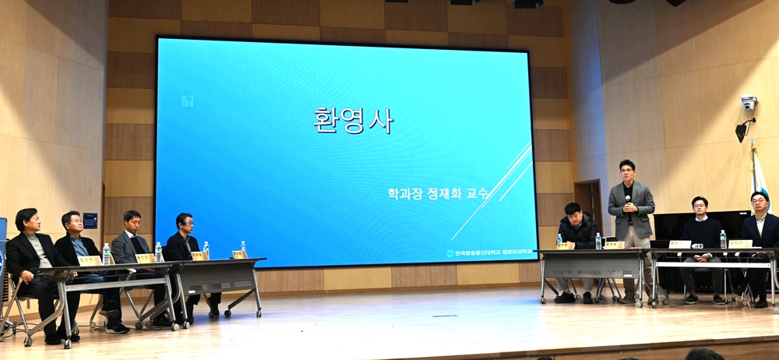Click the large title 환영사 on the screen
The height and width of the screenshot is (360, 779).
pyautogui.click(x=354, y=121)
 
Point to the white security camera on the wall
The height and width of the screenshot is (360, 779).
pyautogui.click(x=749, y=103)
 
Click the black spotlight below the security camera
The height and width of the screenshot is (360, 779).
pyautogui.click(x=742, y=130)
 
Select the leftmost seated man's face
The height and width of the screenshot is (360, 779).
pyautogui.click(x=27, y=222)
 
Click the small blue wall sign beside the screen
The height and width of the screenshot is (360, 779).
pyautogui.click(x=90, y=220)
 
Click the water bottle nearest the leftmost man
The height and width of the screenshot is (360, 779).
pyautogui.click(x=106, y=254)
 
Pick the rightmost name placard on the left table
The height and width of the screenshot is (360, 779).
pyautogui.click(x=239, y=254)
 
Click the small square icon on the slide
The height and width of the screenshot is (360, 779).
pyautogui.click(x=187, y=101)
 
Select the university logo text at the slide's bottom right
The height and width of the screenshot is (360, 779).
pyautogui.click(x=491, y=253)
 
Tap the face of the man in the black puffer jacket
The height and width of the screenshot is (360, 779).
pyautogui.click(x=573, y=214)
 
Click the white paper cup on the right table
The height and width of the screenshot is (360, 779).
pyautogui.click(x=698, y=245)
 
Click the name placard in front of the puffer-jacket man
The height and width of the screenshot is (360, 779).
pyautogui.click(x=562, y=245)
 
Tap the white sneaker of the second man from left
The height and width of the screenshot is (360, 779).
pyautogui.click(x=117, y=329)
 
